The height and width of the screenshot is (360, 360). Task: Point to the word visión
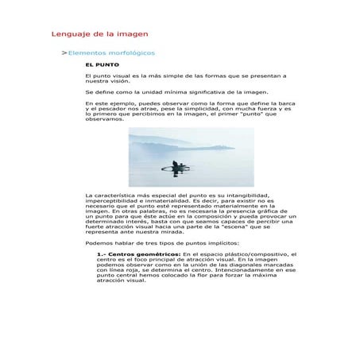124,81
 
